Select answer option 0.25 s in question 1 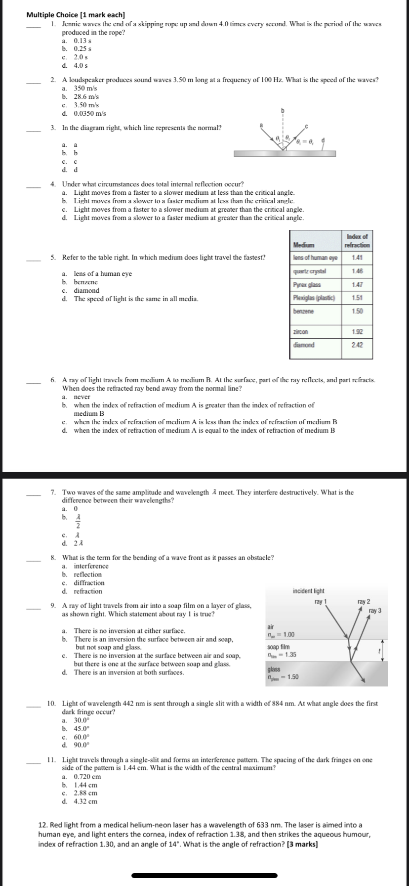click(x=82, y=49)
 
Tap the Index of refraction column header click(x=357, y=241)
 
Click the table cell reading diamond click(x=304, y=345)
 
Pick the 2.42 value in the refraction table click(x=357, y=345)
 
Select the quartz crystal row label click(x=309, y=271)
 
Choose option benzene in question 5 click(x=85, y=282)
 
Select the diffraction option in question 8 click(x=89, y=582)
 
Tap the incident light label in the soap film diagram click(x=308, y=591)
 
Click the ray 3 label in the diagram click(x=375, y=611)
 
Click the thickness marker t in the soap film click(x=379, y=652)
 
